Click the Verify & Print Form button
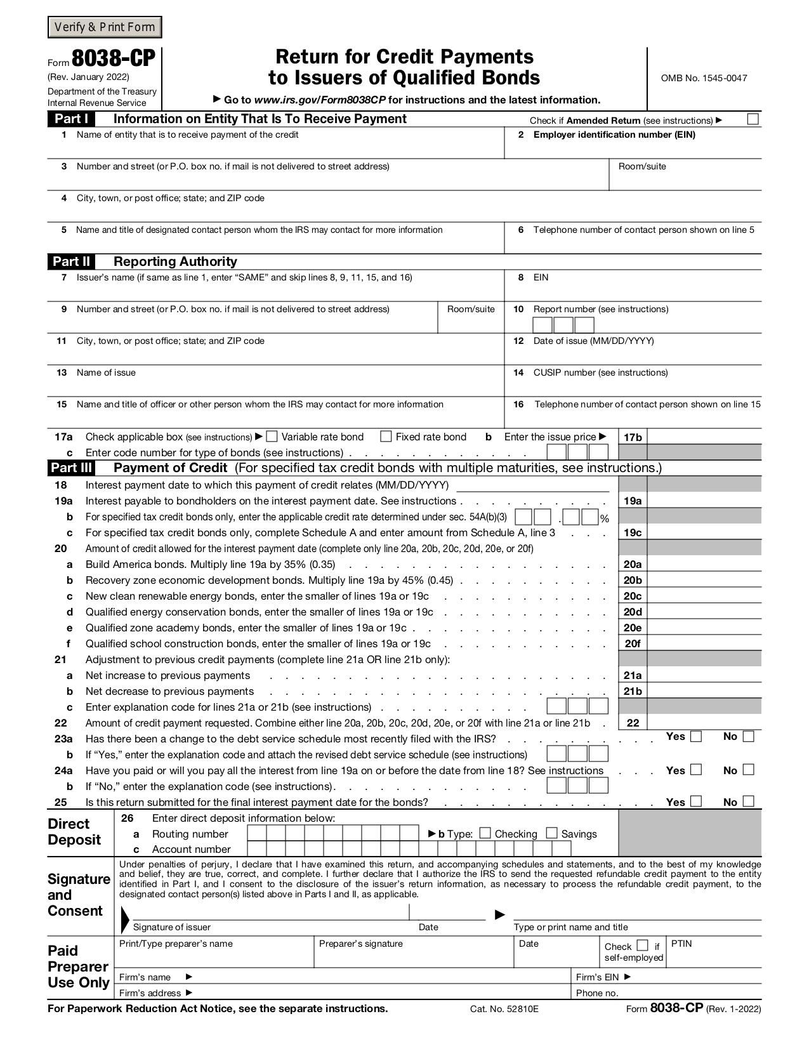click(105, 27)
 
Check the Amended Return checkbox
click(753, 119)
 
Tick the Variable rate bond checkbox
click(272, 437)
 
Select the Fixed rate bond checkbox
click(386, 437)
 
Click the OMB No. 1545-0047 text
click(704, 78)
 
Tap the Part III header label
click(71, 468)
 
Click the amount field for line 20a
click(704, 564)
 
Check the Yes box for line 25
click(696, 801)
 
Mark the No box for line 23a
click(748, 737)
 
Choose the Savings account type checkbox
click(551, 833)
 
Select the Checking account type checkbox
click(485, 833)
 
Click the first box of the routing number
click(256, 833)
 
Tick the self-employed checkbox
click(642, 945)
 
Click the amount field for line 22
click(704, 723)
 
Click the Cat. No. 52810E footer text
click(504, 1009)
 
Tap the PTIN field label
click(681, 944)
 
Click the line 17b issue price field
click(704, 437)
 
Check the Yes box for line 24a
click(696, 770)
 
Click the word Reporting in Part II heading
click(142, 261)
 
